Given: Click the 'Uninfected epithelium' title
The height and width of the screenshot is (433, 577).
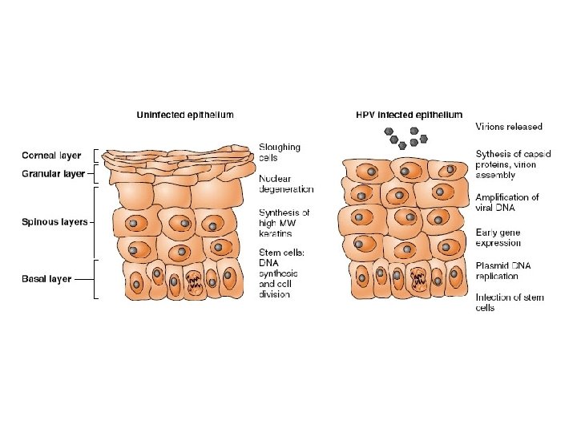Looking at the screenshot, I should click(x=184, y=115).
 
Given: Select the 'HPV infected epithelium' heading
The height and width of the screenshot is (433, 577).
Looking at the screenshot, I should click(x=410, y=115).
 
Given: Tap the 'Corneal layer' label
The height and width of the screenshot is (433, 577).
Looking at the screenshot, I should click(x=51, y=156).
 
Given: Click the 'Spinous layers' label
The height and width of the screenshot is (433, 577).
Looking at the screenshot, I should click(x=54, y=222).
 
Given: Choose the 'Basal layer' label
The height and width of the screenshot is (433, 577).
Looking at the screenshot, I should click(x=46, y=279).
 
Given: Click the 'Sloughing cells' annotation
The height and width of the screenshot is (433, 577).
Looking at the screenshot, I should click(x=280, y=152).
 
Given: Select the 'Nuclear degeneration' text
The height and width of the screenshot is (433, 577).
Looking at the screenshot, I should click(x=286, y=184).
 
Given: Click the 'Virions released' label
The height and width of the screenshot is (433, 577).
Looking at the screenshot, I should click(x=509, y=126).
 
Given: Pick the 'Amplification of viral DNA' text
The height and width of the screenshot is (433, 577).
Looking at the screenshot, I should click(x=507, y=202).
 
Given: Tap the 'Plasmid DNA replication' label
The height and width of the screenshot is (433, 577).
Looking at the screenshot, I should click(x=503, y=271).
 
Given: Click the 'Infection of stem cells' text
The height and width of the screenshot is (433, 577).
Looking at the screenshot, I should click(x=510, y=302).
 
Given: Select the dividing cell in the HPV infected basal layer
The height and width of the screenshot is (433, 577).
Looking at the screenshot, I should click(x=418, y=281).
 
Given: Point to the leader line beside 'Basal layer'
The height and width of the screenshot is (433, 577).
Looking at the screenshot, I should click(x=84, y=279).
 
